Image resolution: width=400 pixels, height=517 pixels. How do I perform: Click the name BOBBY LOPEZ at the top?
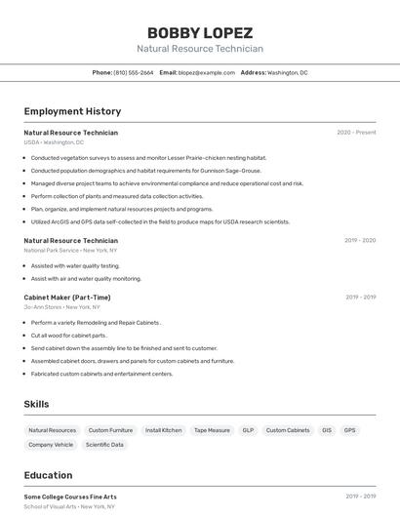pyautogui.click(x=199, y=32)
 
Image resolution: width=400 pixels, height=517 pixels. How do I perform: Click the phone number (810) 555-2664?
pyautogui.click(x=134, y=72)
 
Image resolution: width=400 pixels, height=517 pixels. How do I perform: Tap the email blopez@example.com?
pyautogui.click(x=207, y=72)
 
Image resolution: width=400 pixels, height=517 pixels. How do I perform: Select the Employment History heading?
pyautogui.click(x=72, y=112)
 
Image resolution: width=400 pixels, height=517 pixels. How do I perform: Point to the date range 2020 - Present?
pyautogui.click(x=356, y=133)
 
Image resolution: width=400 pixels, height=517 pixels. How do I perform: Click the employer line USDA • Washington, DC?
pyautogui.click(x=54, y=142)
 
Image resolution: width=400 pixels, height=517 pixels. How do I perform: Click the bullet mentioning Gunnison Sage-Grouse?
pyautogui.click(x=145, y=171)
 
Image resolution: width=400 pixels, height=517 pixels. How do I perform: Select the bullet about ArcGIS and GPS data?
pyautogui.click(x=160, y=221)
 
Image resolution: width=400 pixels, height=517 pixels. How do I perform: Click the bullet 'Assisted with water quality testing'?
pyautogui.click(x=75, y=265)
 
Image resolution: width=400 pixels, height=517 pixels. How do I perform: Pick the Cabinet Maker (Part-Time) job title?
pyautogui.click(x=67, y=298)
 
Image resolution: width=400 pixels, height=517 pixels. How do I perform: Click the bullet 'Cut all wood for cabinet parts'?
pyautogui.click(x=68, y=335)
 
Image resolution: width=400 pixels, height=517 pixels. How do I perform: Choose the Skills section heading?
pyautogui.click(x=36, y=404)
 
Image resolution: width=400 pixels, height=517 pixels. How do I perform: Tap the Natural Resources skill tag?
pyautogui.click(x=52, y=430)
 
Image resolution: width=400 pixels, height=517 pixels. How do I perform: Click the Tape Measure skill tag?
pyautogui.click(x=212, y=430)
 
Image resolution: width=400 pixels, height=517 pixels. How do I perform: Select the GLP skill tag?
pyautogui.click(x=248, y=430)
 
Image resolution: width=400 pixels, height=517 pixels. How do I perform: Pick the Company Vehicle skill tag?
pyautogui.click(x=51, y=445)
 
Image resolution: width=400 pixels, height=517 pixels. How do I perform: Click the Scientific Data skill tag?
pyautogui.click(x=104, y=445)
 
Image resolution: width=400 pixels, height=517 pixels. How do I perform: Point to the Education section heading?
pyautogui.click(x=48, y=475)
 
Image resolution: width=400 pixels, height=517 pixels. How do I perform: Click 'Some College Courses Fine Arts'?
pyautogui.click(x=70, y=497)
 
